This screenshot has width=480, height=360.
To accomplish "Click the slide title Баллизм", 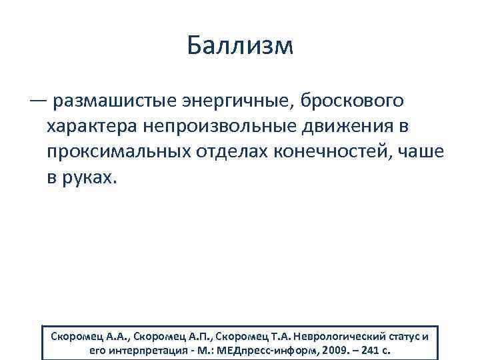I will click(239, 46).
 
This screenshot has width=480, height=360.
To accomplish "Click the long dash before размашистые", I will click(38, 101).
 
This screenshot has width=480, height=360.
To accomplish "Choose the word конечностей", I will click(331, 153).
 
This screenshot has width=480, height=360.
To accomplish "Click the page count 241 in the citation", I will click(376, 349).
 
